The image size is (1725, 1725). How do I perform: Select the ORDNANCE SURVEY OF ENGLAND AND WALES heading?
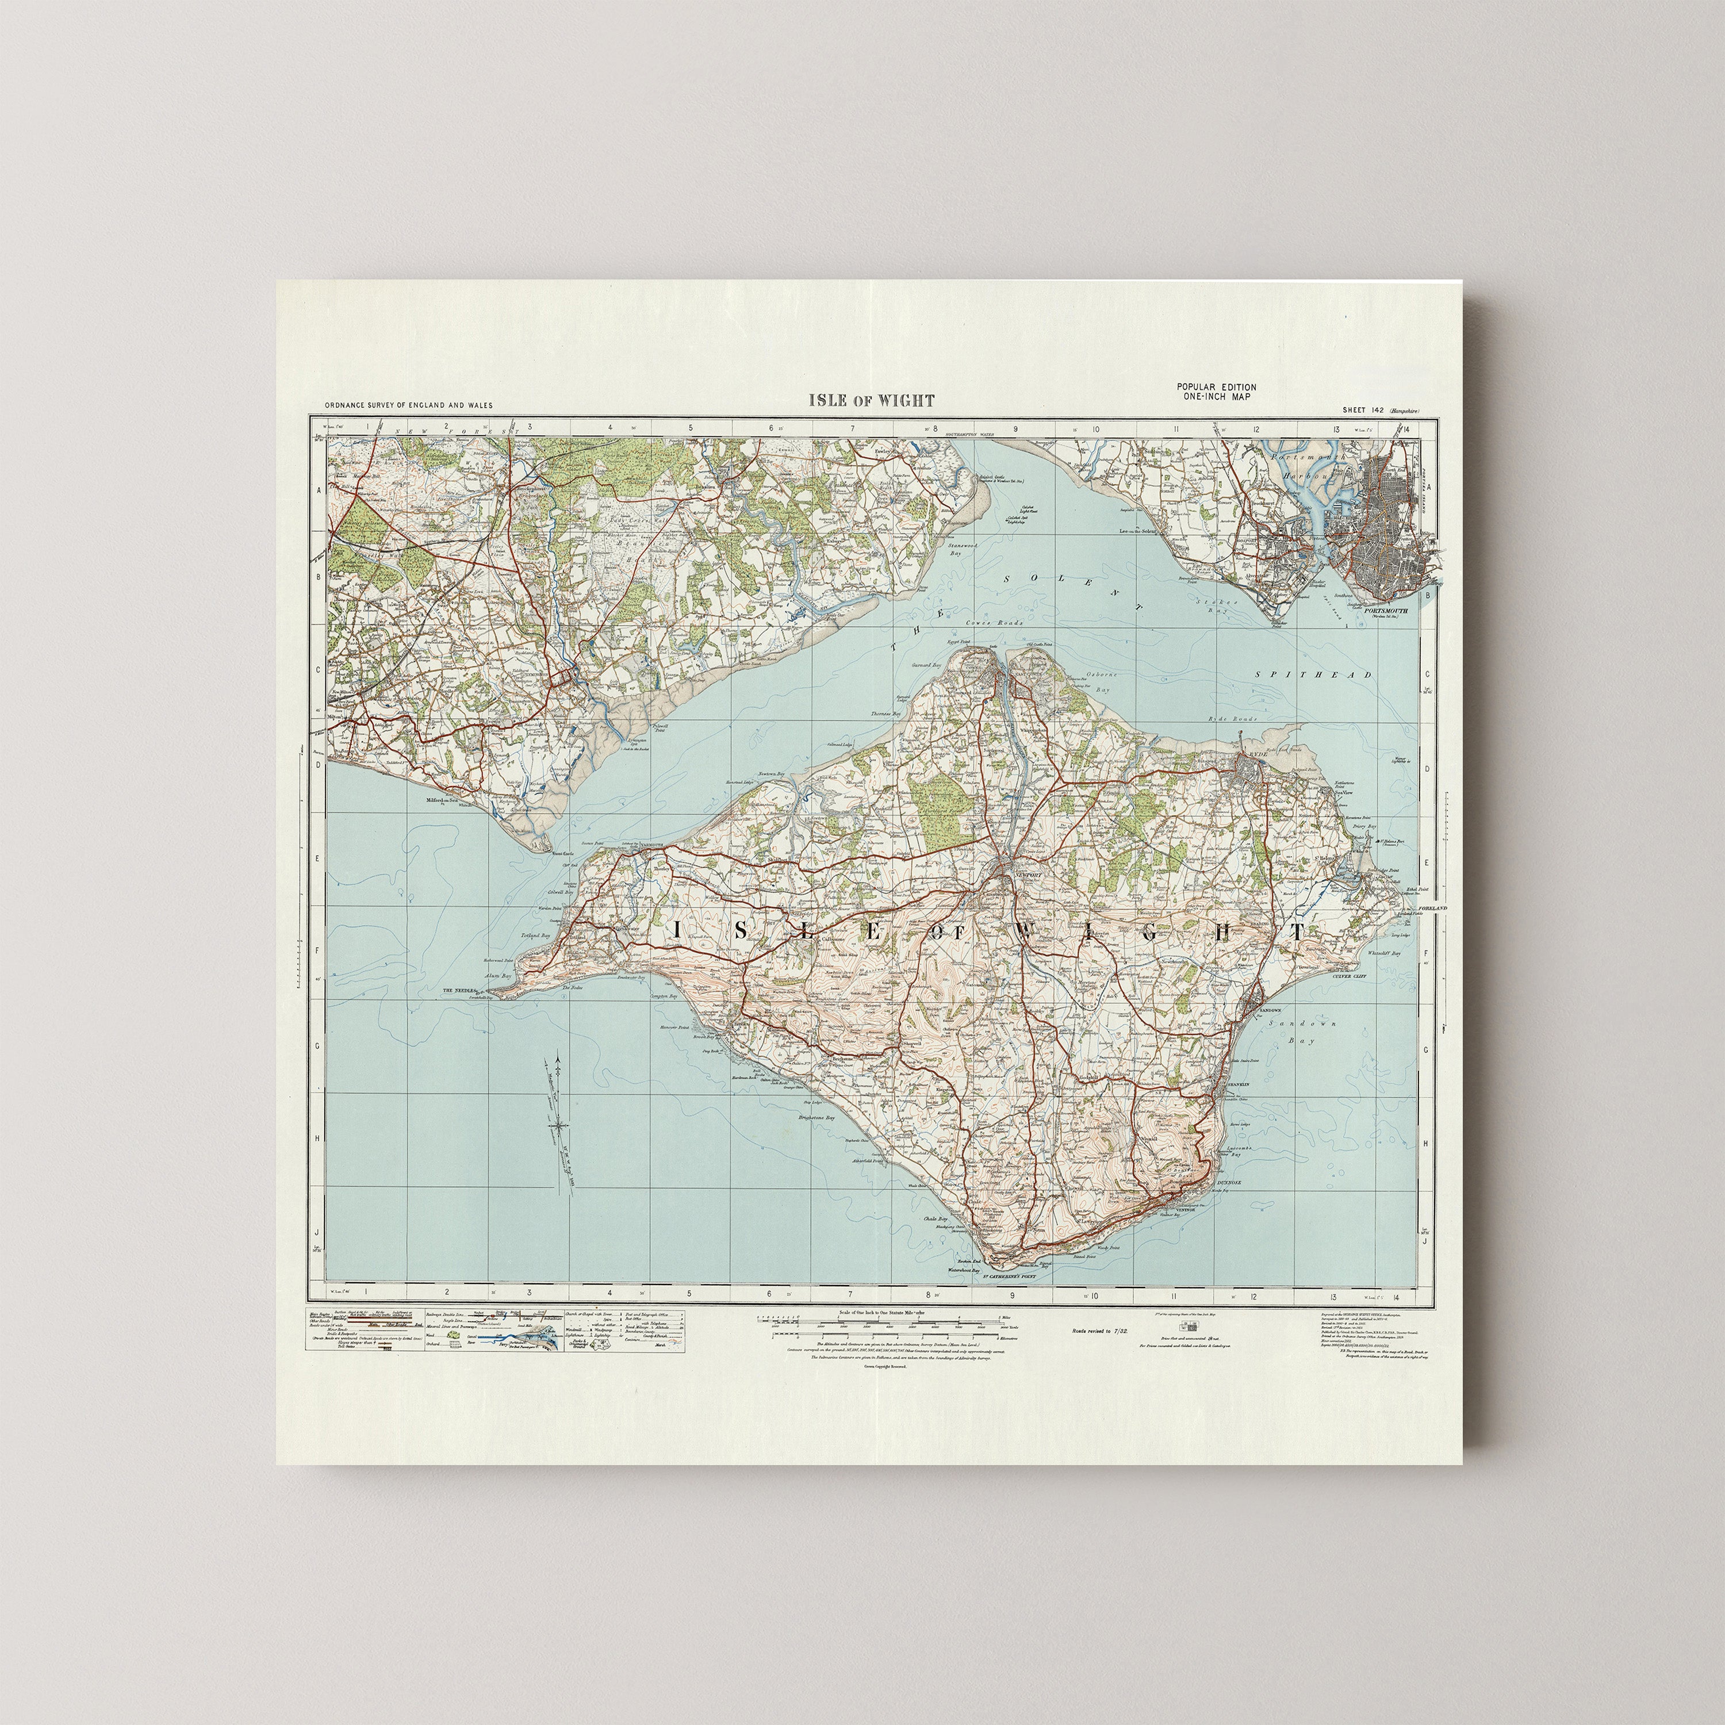408,405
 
